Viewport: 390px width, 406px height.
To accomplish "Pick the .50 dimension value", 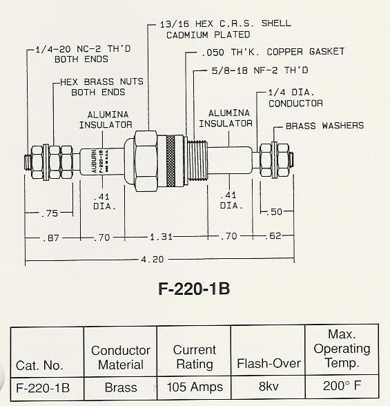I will pos(276,212).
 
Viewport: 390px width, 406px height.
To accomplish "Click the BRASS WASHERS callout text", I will pos(324,126).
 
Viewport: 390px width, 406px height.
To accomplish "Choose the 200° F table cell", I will pos(342,387).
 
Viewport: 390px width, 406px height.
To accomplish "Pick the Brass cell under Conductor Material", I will pos(120,388).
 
